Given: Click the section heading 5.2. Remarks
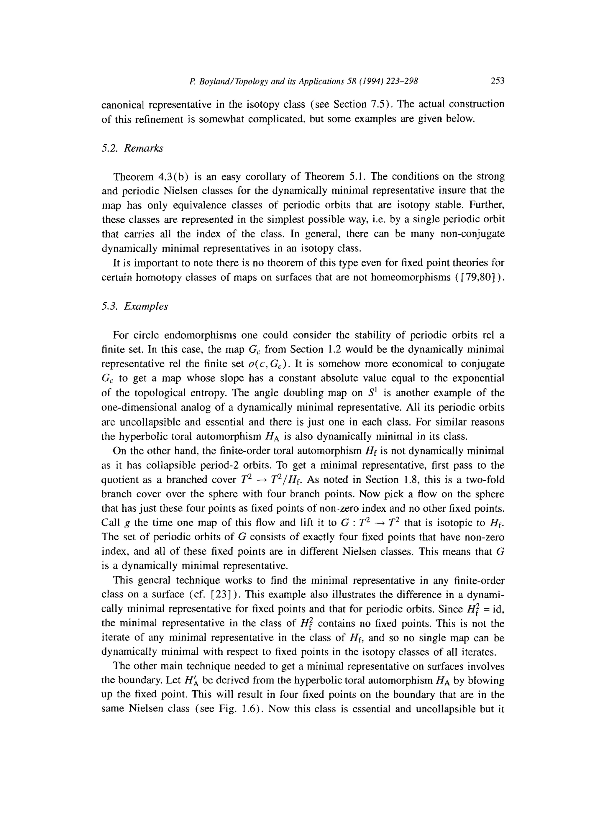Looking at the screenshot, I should coord(132,148).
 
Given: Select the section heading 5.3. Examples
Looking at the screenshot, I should coord(134,306).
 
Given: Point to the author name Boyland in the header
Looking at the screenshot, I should coord(216,81).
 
